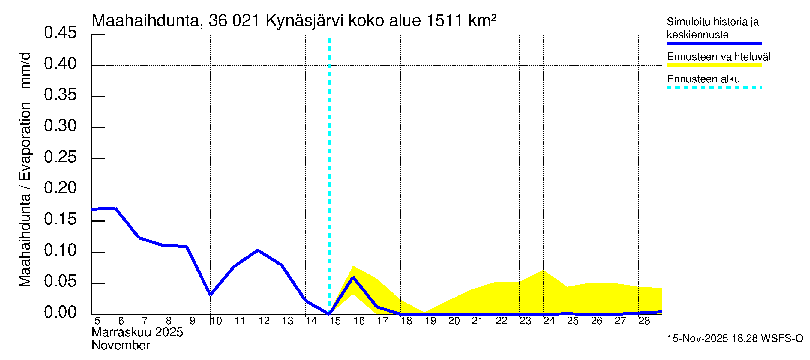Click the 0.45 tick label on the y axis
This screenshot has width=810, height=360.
pyautogui.click(x=60, y=32)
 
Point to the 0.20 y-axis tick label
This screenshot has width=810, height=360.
pyautogui.click(x=60, y=188)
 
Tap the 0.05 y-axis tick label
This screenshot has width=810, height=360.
pyautogui.click(x=60, y=281)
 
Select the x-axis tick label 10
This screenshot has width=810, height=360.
pyautogui.click(x=216, y=321)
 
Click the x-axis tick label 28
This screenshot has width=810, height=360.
pyautogui.click(x=644, y=321)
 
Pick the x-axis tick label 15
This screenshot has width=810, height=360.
pyautogui.click(x=335, y=321)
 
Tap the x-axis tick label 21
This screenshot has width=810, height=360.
pyautogui.click(x=477, y=321)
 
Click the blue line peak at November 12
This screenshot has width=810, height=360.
pyautogui.click(x=258, y=250)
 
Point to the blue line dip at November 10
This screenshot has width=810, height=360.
pyautogui.click(x=211, y=295)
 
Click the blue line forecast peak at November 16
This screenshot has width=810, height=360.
pyautogui.click(x=353, y=277)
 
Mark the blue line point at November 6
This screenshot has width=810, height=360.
pyautogui.click(x=115, y=208)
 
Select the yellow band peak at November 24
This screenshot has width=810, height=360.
pyautogui.click(x=543, y=271)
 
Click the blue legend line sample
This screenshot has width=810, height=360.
pyautogui.click(x=714, y=43)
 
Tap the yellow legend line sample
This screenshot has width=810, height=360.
pyautogui.click(x=714, y=65)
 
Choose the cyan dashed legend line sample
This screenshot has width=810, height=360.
pyautogui.click(x=714, y=88)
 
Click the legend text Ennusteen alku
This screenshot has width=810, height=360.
pyautogui.click(x=703, y=79)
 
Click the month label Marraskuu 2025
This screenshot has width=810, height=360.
pyautogui.click(x=137, y=332)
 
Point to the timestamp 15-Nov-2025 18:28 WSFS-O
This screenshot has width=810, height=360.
pyautogui.click(x=735, y=339)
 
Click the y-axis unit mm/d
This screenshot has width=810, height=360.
pyautogui.click(x=25, y=71)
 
